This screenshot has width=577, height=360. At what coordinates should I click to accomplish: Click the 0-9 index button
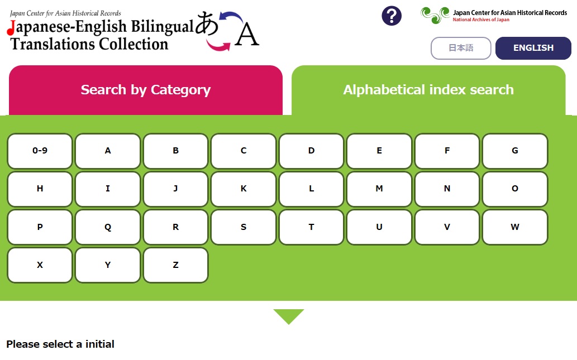pos(40,151)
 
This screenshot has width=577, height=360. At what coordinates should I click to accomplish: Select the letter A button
pos(108,151)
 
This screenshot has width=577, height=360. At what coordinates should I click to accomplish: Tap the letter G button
pos(515,151)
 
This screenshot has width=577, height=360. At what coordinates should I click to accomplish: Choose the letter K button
pos(244,189)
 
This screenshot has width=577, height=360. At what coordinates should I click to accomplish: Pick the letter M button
pos(379,189)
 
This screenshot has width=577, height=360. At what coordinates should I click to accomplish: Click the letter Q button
pos(108,227)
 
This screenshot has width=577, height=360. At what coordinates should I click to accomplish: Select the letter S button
pos(244,227)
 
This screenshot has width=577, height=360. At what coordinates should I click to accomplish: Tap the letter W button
pos(515,227)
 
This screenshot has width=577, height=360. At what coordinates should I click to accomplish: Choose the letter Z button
pos(175,265)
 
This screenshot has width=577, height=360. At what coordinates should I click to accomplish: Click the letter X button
pos(40,265)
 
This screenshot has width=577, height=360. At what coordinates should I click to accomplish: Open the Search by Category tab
pos(146,90)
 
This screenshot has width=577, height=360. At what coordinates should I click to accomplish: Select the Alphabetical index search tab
pos(428,90)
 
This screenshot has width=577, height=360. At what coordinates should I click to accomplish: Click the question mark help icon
pos(392,16)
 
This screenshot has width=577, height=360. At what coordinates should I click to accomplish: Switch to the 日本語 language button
pos(461,48)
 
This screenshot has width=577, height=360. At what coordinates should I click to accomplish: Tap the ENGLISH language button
pos(533,48)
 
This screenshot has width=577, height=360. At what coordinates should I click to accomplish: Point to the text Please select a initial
pos(60,344)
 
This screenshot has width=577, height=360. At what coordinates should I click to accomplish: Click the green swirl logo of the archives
pos(435,16)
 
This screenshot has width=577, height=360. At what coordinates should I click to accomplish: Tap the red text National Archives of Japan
pos(481,20)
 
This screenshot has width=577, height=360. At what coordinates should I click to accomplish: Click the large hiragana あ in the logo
pos(207,23)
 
